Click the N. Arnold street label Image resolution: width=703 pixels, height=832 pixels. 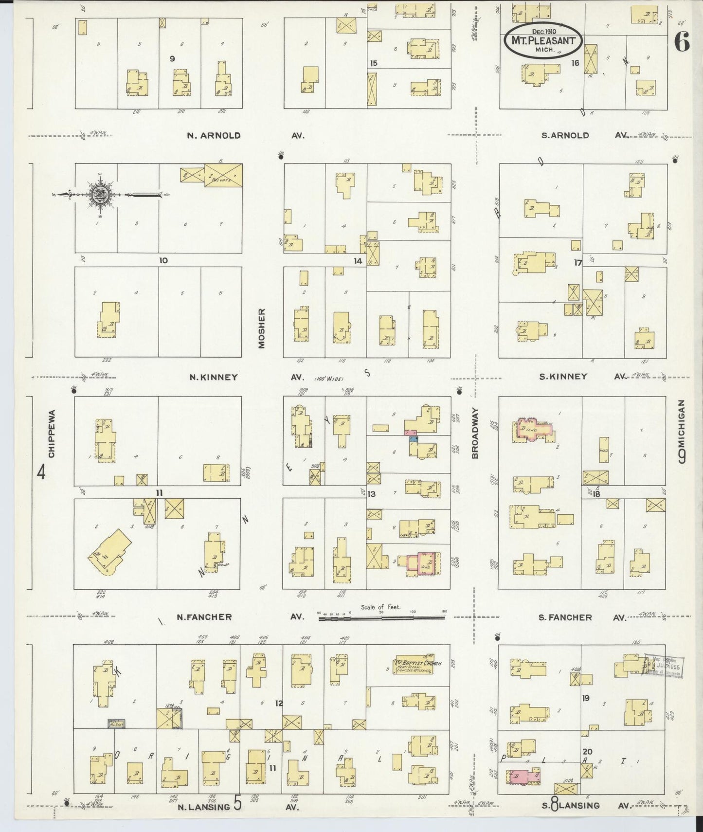tap(214, 136)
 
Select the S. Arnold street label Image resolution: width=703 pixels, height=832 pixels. tap(565, 136)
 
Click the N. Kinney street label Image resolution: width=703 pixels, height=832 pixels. tap(213, 377)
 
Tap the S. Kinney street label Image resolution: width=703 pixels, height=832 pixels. tap(564, 377)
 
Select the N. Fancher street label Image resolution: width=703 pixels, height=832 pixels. tap(204, 617)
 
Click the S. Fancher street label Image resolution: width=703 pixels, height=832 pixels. tap(565, 617)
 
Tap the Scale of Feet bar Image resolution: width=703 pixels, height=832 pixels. tap(381, 618)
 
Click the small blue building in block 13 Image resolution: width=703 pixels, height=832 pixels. tap(414, 439)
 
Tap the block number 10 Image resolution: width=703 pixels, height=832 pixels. tap(163, 260)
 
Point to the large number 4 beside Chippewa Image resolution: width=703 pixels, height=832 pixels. tap(42, 472)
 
